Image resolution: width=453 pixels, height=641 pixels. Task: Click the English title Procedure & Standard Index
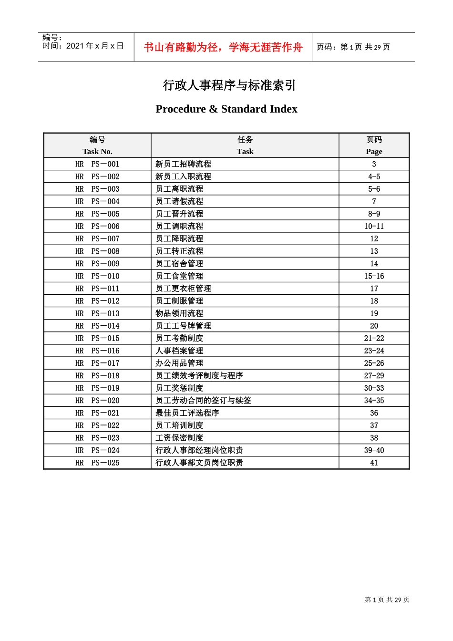226,109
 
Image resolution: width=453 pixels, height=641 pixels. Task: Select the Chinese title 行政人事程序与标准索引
229,85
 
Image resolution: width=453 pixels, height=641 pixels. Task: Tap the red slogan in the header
223,47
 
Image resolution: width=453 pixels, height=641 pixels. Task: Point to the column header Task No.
97,151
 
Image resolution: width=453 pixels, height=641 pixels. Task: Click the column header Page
374,151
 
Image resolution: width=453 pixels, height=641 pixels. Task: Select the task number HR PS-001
97,164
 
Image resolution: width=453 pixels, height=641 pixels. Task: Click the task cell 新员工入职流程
183,176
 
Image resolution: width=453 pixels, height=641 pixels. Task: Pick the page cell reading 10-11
374,227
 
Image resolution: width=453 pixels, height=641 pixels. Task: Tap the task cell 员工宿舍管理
179,264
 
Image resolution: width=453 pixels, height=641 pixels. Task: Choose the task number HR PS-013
97,313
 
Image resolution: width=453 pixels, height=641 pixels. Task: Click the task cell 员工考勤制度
179,338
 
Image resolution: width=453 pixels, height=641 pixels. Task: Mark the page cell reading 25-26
374,363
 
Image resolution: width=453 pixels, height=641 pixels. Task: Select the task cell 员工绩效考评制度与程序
199,376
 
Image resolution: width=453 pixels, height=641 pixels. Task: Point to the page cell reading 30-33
374,388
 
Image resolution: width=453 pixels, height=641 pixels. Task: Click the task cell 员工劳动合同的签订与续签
203,401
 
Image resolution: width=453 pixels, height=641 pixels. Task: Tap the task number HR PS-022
97,425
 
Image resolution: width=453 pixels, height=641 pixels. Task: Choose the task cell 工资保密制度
179,438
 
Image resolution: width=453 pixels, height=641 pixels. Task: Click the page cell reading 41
374,463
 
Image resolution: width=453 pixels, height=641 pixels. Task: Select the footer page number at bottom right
387,600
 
